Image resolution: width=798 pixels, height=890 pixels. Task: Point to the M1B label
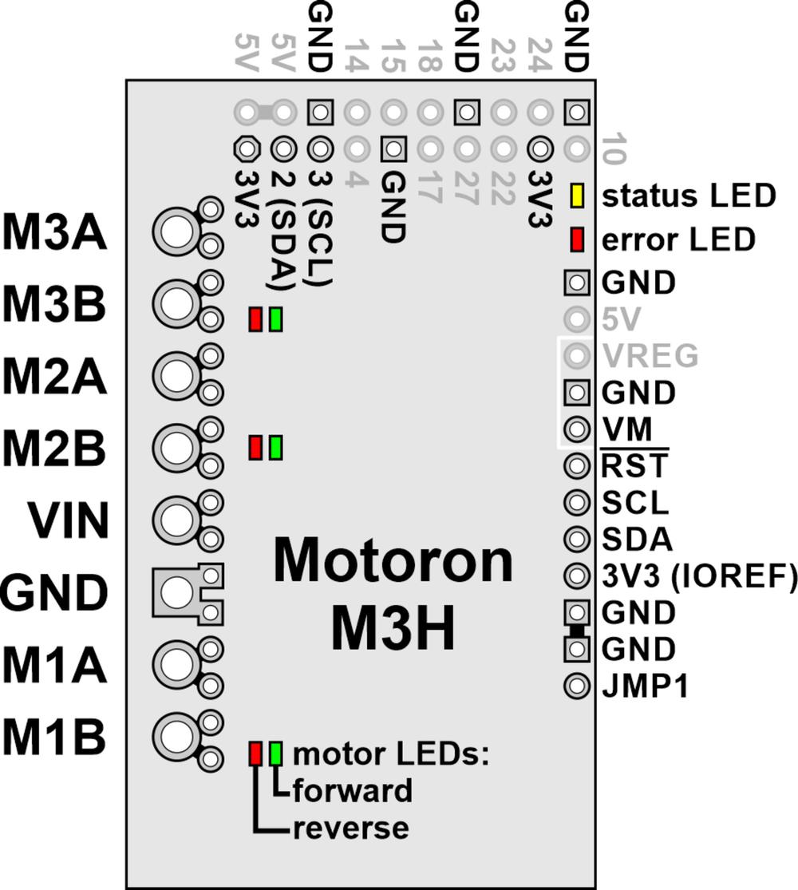(54, 738)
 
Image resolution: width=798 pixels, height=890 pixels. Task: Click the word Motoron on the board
(393, 560)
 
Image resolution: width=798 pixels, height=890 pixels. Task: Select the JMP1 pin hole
(576, 685)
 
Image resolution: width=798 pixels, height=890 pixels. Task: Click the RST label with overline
(635, 465)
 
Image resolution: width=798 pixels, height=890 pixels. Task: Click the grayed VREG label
(650, 355)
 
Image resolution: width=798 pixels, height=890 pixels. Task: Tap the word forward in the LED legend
(352, 791)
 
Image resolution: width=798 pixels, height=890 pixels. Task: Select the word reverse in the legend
(350, 828)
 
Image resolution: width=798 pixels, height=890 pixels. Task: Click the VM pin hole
(576, 429)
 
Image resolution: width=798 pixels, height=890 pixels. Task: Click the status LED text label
(689, 196)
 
